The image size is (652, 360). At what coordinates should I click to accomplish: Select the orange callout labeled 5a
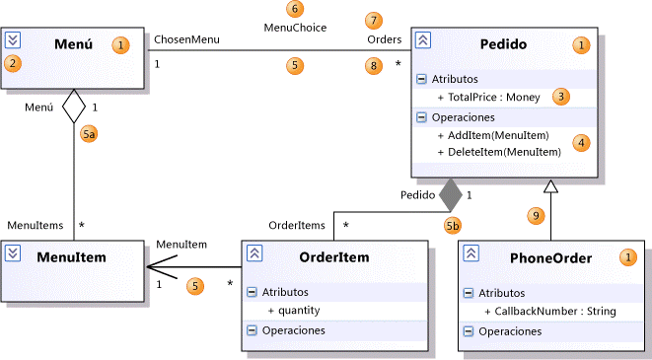(90, 135)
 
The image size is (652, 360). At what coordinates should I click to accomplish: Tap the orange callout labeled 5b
(453, 225)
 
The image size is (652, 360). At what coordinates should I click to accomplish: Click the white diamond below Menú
(75, 107)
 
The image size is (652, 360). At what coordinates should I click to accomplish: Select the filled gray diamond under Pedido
(450, 194)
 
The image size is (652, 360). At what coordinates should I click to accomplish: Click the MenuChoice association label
(294, 27)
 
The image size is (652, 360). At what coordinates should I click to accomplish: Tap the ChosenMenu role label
(186, 39)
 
